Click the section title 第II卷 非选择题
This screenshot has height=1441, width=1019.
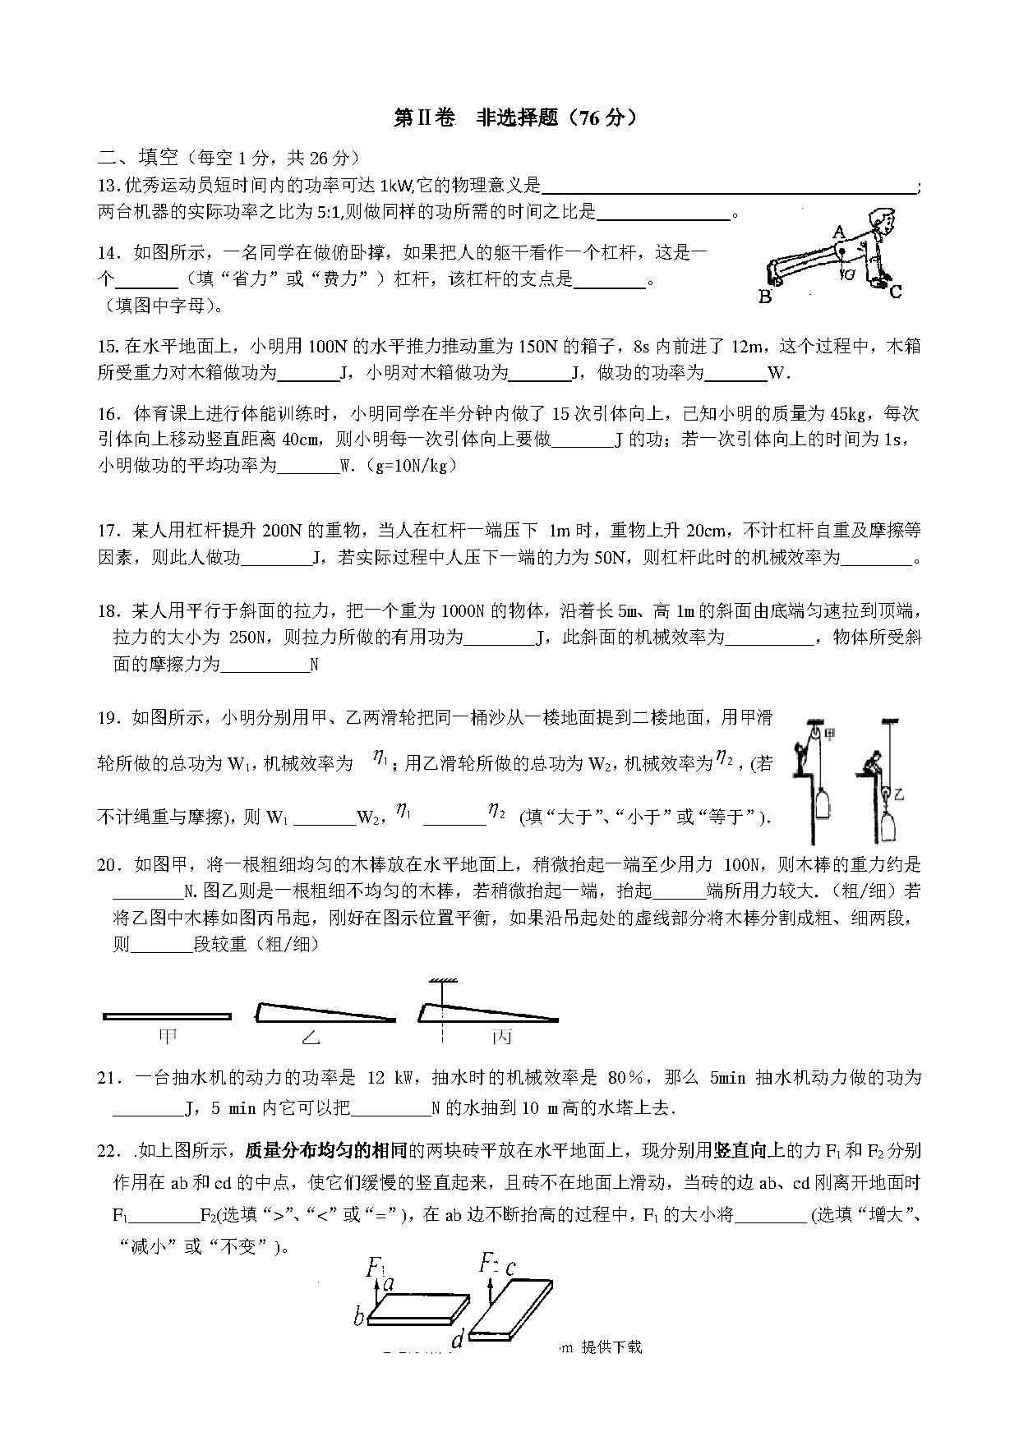coord(514,118)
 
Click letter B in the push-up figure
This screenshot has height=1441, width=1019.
coord(765,297)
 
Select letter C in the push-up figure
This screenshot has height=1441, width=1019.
coord(896,291)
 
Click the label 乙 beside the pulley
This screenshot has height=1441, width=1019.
coord(899,794)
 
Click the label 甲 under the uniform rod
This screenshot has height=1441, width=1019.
coord(167,1037)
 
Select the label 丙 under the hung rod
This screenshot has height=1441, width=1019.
coord(501,1037)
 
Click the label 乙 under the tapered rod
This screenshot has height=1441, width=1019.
coord(310,1038)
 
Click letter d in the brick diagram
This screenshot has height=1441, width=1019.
coord(457,1342)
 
